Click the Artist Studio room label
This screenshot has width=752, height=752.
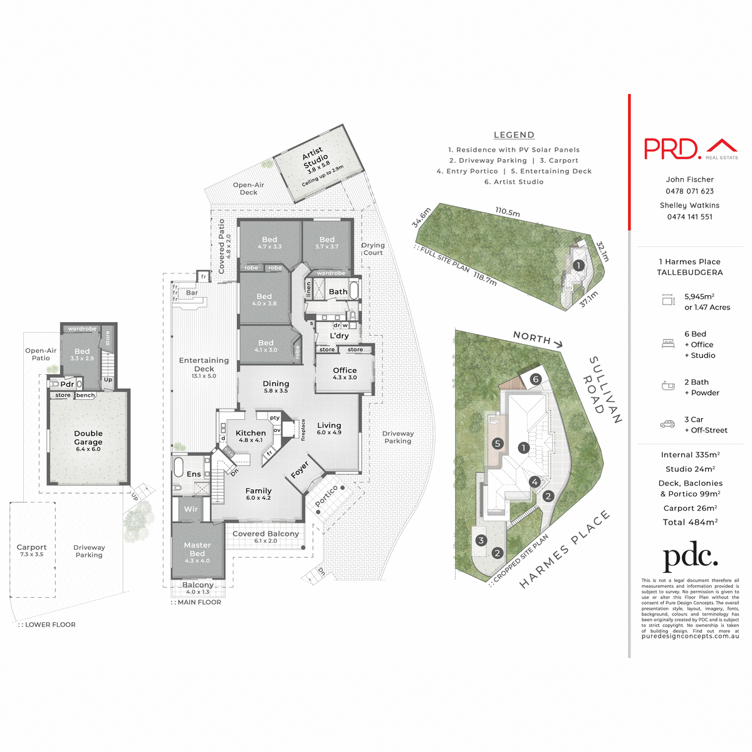(x=313, y=157)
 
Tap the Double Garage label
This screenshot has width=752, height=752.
(x=88, y=437)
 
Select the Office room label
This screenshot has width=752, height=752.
(x=345, y=370)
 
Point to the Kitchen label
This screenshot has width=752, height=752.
(x=251, y=433)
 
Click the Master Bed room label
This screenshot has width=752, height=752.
(x=197, y=549)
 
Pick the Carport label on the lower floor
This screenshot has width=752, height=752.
(x=31, y=547)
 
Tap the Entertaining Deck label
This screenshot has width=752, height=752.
(x=204, y=364)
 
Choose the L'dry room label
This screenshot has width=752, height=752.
(x=339, y=336)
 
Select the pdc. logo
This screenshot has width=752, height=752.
(x=690, y=557)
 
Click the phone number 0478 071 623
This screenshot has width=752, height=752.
(x=689, y=191)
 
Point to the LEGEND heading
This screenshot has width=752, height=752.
(x=514, y=135)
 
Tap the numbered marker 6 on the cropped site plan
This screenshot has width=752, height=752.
(x=535, y=379)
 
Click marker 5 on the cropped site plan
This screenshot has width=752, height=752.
(x=498, y=444)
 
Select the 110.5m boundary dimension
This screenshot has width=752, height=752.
(x=507, y=212)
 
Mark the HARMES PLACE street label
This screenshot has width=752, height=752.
(x=564, y=550)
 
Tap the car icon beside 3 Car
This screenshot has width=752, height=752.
(x=667, y=424)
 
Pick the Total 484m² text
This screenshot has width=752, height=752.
(x=690, y=522)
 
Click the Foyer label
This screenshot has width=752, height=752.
(x=300, y=469)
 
